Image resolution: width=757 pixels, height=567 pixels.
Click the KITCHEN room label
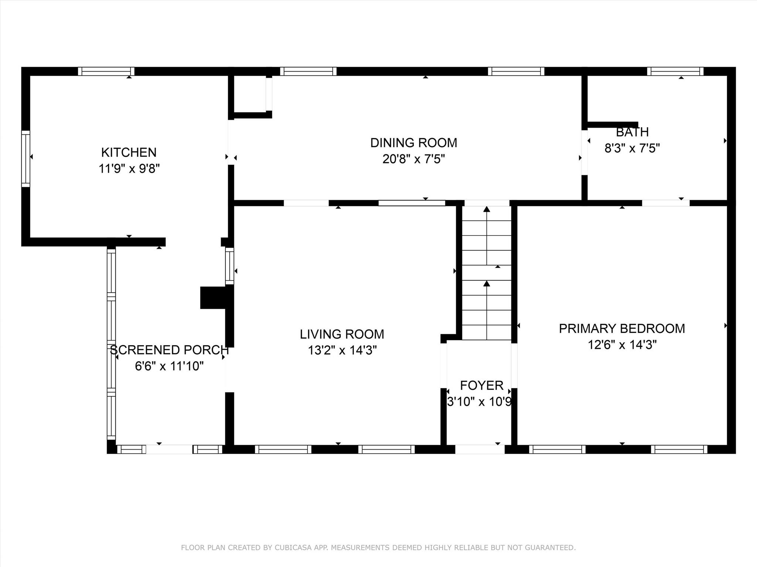(129, 152)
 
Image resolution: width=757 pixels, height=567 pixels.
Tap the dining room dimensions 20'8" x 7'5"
(413, 159)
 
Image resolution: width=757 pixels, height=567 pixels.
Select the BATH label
(632, 132)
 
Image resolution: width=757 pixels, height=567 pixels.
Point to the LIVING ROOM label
(342, 334)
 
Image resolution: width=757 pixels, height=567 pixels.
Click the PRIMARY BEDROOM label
(622, 328)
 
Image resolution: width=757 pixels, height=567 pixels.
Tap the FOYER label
(481, 385)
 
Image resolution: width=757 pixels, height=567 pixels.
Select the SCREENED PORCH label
(169, 350)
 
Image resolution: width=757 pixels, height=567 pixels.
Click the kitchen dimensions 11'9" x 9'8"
(129, 169)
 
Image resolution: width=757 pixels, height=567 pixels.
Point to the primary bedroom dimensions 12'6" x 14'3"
(622, 345)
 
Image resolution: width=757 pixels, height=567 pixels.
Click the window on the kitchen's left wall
(26, 159)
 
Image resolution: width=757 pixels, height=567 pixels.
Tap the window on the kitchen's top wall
(106, 71)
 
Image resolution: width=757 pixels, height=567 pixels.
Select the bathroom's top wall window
(675, 71)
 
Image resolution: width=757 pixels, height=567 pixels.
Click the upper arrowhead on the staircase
(486, 209)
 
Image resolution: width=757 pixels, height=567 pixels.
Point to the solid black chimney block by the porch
(213, 298)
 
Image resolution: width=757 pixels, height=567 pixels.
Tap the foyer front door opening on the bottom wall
(479, 449)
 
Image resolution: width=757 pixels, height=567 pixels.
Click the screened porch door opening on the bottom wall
(169, 449)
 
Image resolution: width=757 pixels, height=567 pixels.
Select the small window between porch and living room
(230, 266)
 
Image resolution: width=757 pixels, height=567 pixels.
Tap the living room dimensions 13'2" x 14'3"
(342, 350)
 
